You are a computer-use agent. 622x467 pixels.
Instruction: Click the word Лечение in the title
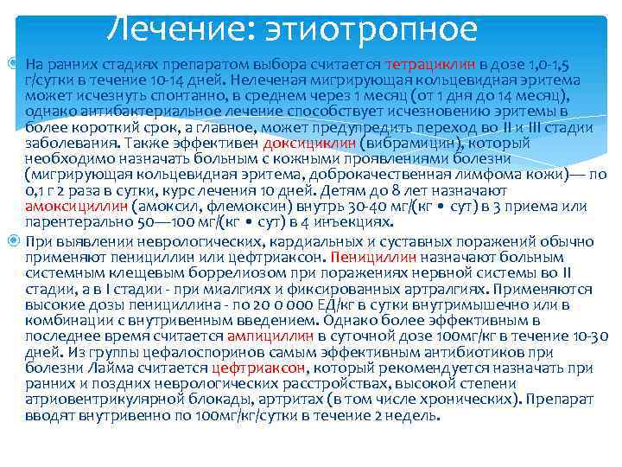(x=172, y=29)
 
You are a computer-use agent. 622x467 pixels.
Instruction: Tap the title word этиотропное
(x=363, y=29)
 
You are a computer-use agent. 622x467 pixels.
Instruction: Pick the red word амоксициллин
(x=77, y=206)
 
